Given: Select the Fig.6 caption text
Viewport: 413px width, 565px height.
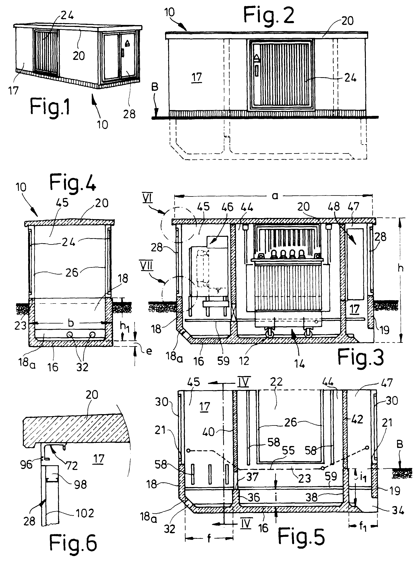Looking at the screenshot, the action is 73,543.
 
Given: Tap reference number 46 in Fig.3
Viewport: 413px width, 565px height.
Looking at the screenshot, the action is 227,207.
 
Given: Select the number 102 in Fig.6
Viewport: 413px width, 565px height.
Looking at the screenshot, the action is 84,513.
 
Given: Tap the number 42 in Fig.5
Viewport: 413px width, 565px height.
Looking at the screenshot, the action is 357,419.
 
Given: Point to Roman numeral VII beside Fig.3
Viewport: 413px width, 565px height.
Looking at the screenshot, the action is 147,266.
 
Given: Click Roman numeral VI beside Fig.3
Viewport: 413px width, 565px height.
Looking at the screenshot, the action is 148,199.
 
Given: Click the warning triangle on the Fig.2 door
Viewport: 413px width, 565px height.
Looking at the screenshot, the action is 257,58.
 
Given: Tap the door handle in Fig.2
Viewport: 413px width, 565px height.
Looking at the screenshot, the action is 257,70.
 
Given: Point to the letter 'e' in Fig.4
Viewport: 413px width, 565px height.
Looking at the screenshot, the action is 149,351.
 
